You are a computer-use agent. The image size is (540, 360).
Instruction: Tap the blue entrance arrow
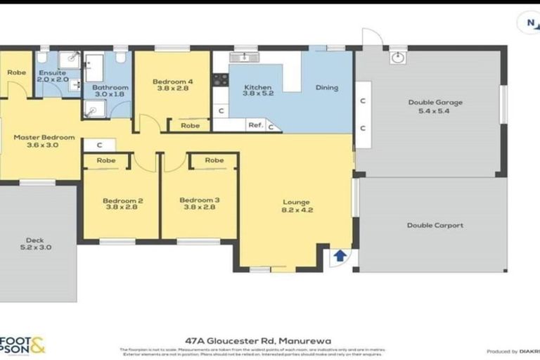[339, 255]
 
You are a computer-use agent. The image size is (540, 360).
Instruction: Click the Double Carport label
[435, 226]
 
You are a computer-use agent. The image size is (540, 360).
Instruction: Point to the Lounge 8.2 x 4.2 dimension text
[296, 210]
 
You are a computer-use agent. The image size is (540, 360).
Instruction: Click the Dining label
[326, 88]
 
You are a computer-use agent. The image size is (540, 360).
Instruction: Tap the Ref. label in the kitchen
[255, 125]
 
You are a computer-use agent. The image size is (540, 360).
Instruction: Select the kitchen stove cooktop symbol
[220, 79]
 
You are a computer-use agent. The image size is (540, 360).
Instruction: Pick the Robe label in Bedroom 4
[189, 126]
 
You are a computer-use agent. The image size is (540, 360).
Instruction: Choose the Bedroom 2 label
[123, 200]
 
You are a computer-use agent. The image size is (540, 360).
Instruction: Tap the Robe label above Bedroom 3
[214, 160]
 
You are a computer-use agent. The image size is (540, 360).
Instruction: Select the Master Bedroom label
[44, 138]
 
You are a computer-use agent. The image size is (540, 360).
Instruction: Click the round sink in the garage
[399, 57]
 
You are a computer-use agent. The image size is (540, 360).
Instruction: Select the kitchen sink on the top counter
[244, 57]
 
